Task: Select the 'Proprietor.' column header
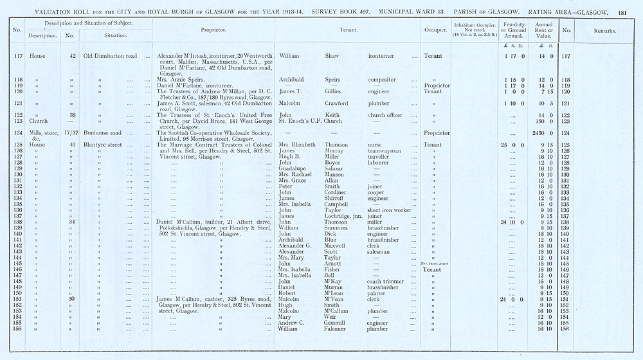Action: click(x=213, y=30)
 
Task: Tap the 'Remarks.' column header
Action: click(x=605, y=30)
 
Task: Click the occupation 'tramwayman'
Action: click(x=384, y=151)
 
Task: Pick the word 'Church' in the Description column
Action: click(x=39, y=121)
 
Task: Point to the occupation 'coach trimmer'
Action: click(x=385, y=282)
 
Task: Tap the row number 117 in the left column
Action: click(x=18, y=57)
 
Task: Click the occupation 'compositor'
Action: click(x=383, y=80)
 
